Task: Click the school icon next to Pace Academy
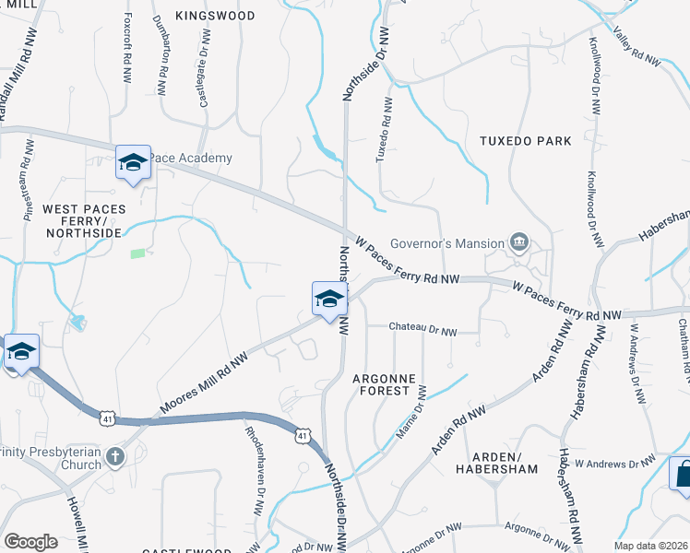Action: [133, 163]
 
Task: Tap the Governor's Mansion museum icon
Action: [519, 243]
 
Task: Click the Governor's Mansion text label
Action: [446, 244]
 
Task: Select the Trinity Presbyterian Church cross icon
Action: [113, 456]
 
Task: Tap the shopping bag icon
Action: [683, 475]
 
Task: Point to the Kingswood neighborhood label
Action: [215, 16]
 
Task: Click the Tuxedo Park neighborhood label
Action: [525, 141]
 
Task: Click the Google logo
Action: [30, 541]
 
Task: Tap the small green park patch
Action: [137, 253]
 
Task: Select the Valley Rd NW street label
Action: [639, 51]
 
